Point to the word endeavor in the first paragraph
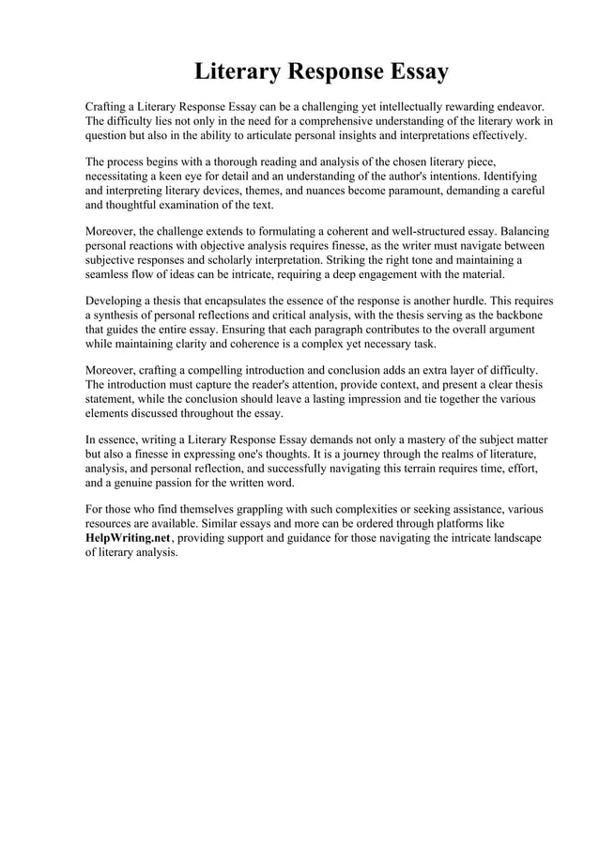click(x=516, y=106)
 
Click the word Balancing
click(x=517, y=230)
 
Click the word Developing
click(x=116, y=301)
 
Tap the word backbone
click(x=515, y=316)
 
